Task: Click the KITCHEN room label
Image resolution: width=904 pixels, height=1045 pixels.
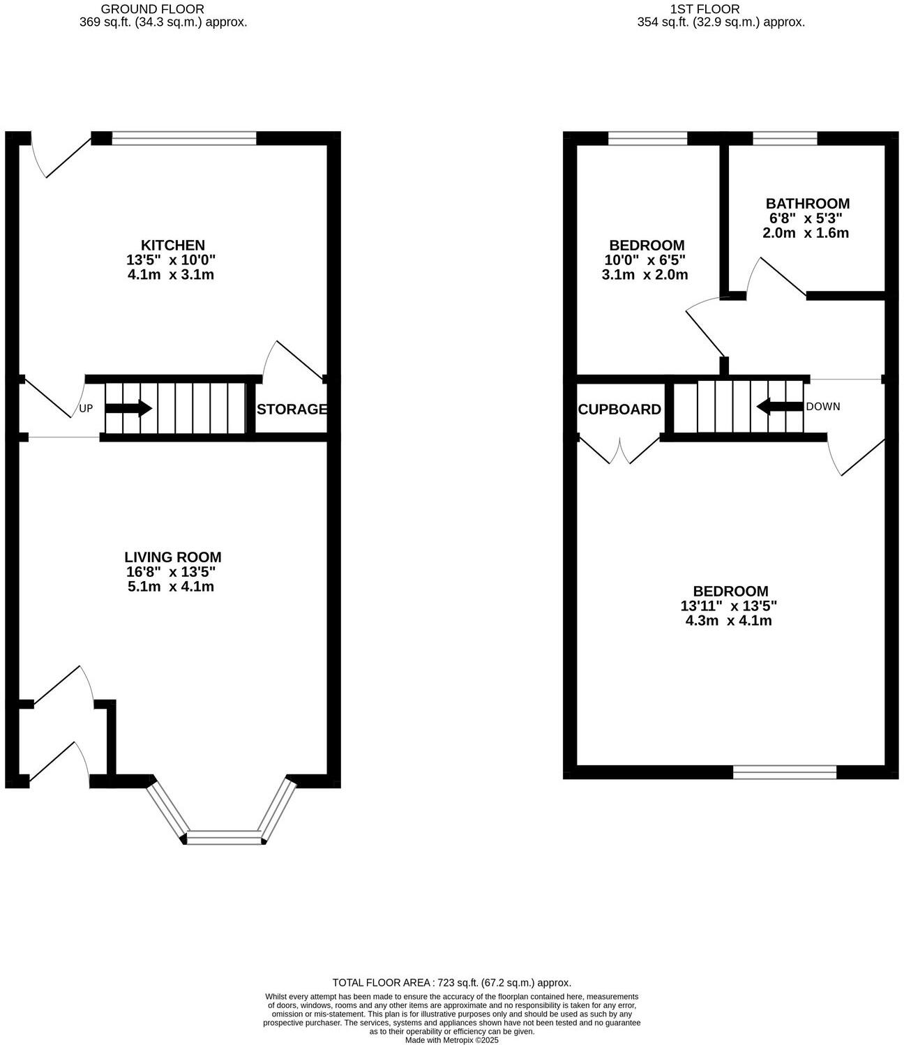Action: [173, 245]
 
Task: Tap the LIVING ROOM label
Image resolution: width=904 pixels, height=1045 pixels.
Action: [173, 557]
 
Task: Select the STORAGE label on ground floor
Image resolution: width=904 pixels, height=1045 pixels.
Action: [292, 409]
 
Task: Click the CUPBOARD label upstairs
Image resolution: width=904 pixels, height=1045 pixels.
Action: [619, 409]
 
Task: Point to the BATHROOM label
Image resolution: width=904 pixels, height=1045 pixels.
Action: [808, 204]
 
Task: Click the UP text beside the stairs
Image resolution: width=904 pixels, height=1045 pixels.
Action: [86, 409]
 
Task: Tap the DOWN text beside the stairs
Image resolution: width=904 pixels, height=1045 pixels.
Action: [823, 407]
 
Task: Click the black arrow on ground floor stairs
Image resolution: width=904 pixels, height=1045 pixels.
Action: [128, 408]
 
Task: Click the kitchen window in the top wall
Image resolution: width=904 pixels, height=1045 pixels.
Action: [184, 139]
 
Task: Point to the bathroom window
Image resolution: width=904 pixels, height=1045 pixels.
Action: [785, 139]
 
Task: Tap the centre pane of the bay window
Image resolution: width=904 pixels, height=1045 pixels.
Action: [224, 837]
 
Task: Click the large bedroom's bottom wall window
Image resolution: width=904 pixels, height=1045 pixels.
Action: [785, 772]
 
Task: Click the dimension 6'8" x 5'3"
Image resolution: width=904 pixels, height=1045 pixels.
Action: [806, 218]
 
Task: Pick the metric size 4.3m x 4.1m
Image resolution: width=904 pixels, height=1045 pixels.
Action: [729, 620]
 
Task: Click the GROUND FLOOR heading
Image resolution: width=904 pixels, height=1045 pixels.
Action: [153, 9]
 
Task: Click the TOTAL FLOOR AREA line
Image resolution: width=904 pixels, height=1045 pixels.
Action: [451, 982]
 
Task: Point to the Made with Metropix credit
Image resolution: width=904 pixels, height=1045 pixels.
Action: [451, 1039]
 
